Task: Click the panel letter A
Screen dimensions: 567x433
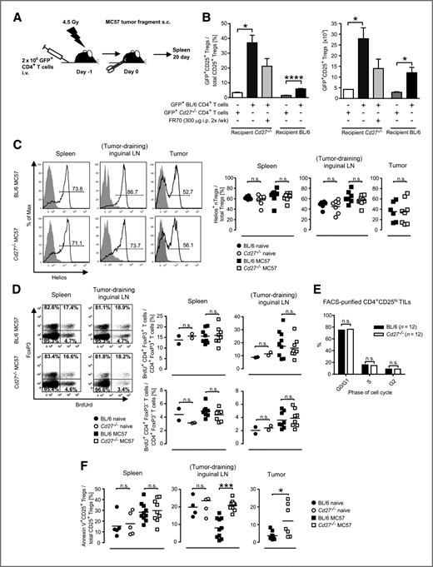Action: click(x=7, y=7)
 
